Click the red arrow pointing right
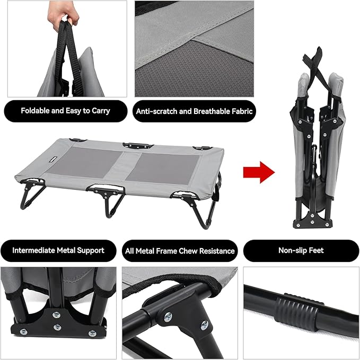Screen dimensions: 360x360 259,172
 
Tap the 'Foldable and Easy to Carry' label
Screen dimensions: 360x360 65,111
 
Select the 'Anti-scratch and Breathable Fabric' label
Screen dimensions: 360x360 195,111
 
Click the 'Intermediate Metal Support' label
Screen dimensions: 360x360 58,250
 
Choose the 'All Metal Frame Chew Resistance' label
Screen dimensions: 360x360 180,250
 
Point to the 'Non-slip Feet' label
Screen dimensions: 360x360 301,250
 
